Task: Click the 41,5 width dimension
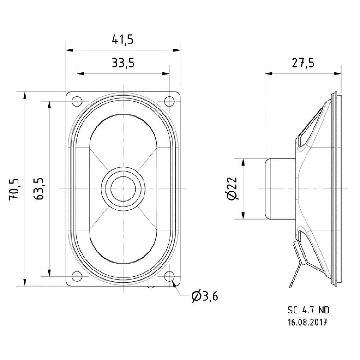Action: click(122, 40)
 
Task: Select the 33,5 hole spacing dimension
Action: click(123, 63)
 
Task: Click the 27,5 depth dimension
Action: click(303, 63)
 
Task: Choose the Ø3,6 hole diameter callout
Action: click(205, 297)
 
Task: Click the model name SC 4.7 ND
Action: click(309, 310)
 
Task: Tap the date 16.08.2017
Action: click(307, 322)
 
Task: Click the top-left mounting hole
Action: click(77, 101)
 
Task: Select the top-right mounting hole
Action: click(170, 101)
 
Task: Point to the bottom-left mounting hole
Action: click(77, 276)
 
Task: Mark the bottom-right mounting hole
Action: click(170, 276)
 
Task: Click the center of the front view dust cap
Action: click(123, 189)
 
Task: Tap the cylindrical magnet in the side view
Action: click(280, 189)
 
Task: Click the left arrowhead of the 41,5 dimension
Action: click(69, 50)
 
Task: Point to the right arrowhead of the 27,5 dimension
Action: click(338, 74)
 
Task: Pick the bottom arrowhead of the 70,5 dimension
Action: click(24, 282)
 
